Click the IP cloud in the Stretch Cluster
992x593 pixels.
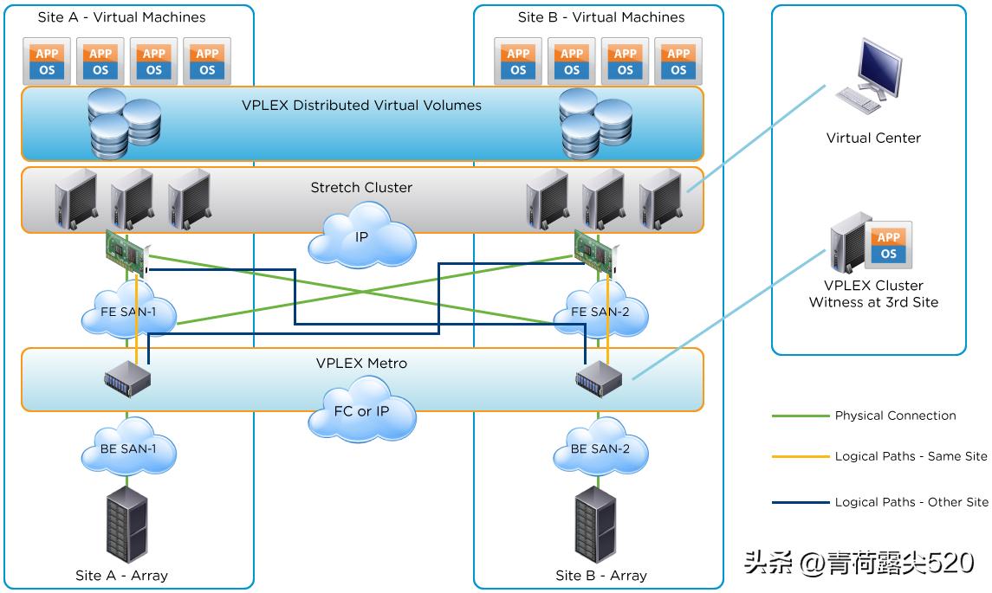(362, 235)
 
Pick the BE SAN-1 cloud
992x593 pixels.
(128, 448)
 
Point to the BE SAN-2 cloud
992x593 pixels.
(599, 448)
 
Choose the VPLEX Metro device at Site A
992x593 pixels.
(126, 379)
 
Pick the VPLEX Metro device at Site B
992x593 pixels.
(599, 377)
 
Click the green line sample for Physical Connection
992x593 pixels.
(800, 416)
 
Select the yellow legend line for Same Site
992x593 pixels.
(800, 456)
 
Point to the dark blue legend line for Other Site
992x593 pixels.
(800, 502)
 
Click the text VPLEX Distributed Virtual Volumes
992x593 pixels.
(361, 106)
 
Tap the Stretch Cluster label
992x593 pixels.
(361, 187)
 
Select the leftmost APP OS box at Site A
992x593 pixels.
(48, 61)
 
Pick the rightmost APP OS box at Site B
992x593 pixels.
(678, 61)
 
